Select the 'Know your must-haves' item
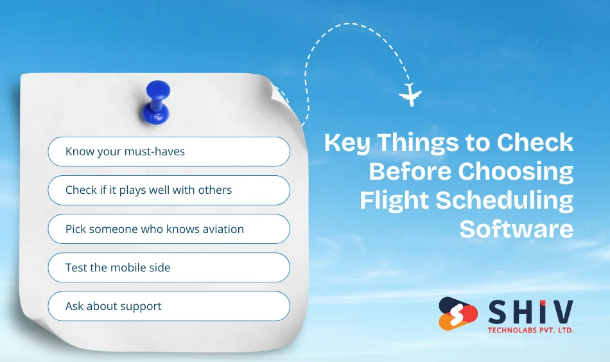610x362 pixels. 169,152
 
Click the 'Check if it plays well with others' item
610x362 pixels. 169,191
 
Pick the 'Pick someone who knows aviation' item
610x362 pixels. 169,229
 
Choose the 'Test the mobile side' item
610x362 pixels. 169,268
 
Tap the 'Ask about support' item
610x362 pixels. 169,306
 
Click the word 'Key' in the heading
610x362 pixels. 347,143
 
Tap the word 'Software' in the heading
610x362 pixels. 516,229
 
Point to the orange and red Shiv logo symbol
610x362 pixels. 458,313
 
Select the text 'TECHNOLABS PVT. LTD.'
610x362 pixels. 530,330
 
